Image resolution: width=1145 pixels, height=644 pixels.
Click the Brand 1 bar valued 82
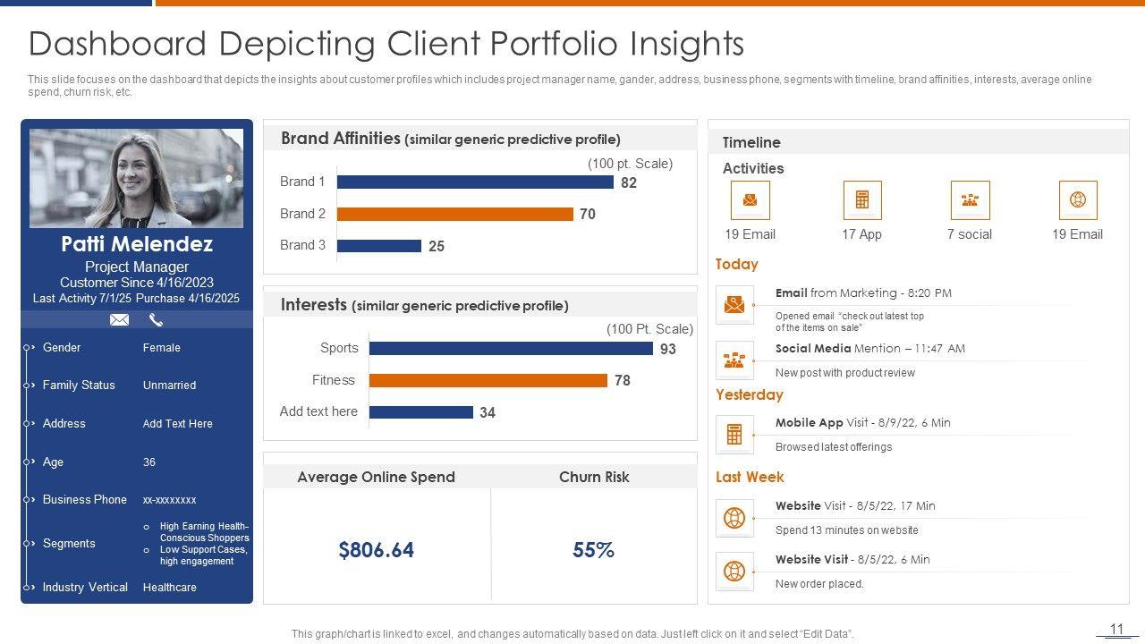(475, 182)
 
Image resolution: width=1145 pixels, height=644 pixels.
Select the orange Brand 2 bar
(454, 214)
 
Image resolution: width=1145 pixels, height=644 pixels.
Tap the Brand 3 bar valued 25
(378, 245)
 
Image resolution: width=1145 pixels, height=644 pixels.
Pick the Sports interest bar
(511, 349)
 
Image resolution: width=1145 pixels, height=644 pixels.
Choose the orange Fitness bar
(488, 380)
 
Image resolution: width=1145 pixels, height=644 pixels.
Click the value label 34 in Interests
(488, 412)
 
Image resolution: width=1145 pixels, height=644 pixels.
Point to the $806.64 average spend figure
(377, 550)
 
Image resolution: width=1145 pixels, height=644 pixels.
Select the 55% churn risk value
(593, 550)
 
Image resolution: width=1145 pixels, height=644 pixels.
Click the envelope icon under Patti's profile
(119, 319)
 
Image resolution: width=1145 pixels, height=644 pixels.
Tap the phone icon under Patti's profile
(156, 319)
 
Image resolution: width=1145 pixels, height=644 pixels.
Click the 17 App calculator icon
(862, 200)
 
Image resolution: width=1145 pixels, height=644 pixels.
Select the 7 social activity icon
(970, 200)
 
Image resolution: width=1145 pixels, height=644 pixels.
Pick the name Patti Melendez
(137, 244)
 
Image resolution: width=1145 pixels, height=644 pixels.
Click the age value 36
(149, 462)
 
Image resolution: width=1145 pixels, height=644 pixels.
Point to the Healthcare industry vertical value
(170, 588)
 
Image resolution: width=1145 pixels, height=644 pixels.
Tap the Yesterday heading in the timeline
(749, 394)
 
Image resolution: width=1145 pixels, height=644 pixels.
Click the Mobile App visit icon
(734, 435)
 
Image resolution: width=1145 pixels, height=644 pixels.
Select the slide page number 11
(1116, 630)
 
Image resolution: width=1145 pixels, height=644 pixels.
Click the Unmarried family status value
(169, 386)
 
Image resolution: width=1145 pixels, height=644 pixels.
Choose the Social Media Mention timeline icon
(734, 360)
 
